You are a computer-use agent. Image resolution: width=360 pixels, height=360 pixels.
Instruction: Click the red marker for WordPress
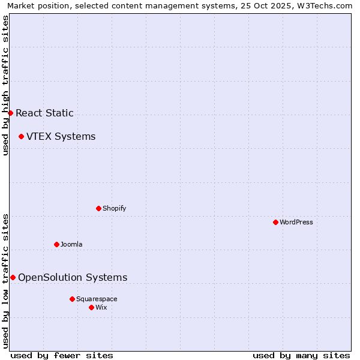coord(275,222)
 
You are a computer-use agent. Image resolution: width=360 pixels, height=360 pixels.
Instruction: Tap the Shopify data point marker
coord(98,208)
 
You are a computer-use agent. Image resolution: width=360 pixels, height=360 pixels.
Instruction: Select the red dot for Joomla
coord(56,244)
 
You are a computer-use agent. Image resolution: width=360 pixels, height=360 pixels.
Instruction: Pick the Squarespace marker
coord(72,299)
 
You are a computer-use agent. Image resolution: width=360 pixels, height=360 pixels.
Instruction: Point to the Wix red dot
coord(91,307)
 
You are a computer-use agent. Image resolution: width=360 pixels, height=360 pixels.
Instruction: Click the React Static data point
coord(10,113)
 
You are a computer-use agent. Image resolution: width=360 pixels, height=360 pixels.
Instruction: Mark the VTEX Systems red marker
coord(21,136)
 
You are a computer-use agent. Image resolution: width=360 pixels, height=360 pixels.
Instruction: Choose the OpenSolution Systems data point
coord(13,277)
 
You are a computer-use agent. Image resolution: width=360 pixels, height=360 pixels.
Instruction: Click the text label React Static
coord(44,113)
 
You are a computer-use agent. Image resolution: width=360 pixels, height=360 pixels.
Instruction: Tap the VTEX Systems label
coord(61,136)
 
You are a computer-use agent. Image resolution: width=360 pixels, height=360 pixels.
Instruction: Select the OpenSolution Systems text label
coord(73,277)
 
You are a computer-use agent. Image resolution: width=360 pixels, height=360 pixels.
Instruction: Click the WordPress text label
coord(296,222)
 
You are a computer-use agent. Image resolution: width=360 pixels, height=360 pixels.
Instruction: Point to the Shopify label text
coord(114,208)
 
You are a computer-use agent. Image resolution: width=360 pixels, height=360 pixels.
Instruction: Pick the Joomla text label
coord(71,244)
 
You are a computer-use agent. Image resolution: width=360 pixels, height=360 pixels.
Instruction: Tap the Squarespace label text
coord(97,299)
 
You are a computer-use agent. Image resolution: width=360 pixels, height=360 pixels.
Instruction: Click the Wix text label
coord(101,307)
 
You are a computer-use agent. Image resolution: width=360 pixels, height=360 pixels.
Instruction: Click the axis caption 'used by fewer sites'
coord(62,355)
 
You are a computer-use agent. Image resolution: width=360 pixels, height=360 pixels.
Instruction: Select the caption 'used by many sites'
coord(301,355)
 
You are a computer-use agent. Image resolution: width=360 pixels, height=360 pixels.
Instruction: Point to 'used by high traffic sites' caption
coord(5,85)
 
